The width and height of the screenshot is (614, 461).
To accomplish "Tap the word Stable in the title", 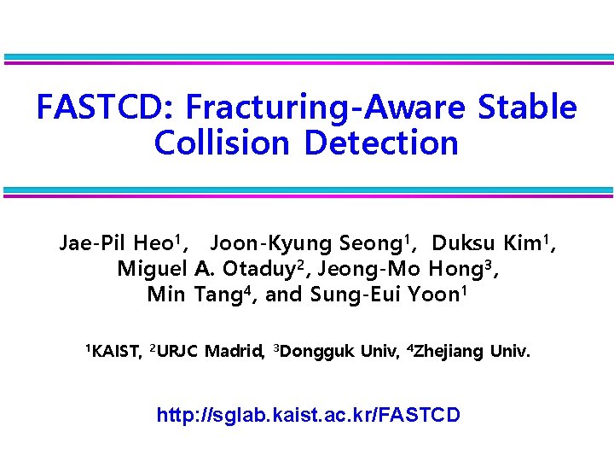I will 528,108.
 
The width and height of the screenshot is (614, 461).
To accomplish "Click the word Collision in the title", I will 224,143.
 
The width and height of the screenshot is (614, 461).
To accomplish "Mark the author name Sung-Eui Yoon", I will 382,295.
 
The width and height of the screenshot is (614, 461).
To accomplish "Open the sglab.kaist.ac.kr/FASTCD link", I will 308,416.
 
